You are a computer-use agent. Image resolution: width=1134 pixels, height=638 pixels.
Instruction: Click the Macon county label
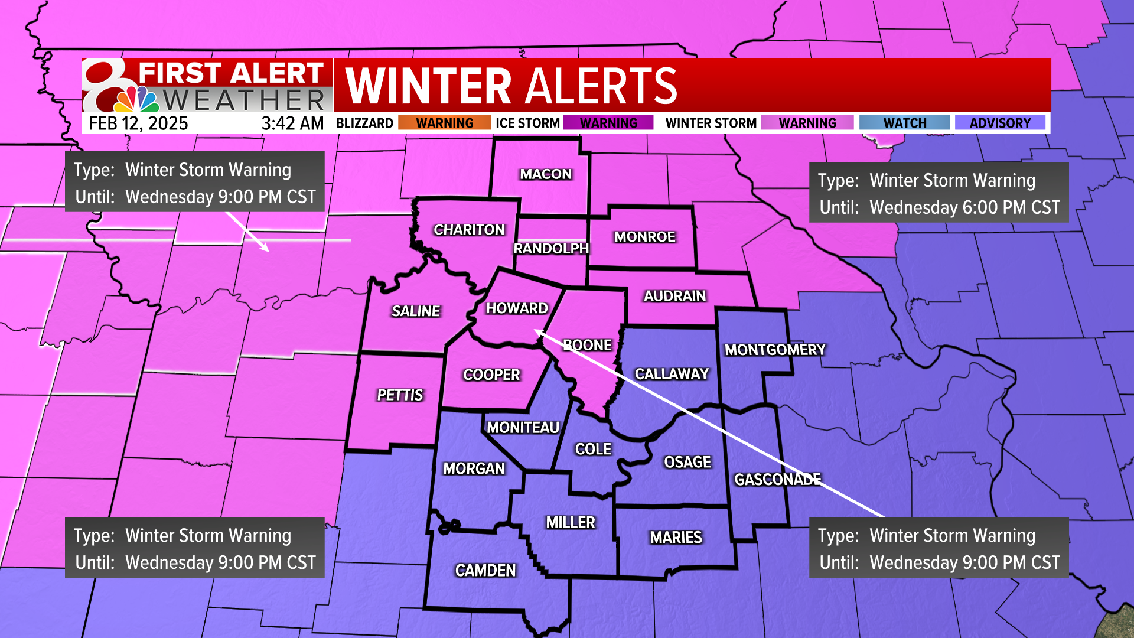546,174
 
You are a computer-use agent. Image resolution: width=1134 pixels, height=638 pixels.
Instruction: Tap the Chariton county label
469,230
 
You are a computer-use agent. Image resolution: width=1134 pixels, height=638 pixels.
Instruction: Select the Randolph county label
550,249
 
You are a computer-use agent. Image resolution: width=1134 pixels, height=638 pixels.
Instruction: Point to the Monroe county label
644,237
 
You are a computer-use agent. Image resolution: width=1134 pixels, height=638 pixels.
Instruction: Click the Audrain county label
674,296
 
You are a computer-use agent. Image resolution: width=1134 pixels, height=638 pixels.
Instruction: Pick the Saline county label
416,311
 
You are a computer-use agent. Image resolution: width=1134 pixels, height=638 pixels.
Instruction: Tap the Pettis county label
400,395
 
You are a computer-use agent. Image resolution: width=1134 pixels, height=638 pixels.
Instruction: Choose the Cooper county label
491,375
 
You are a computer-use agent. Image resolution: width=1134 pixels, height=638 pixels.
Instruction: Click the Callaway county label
672,374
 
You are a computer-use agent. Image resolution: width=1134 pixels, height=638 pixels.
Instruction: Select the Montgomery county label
775,350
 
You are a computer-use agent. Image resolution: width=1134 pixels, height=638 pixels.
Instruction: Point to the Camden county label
485,570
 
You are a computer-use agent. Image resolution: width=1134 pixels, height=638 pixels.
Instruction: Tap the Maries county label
676,538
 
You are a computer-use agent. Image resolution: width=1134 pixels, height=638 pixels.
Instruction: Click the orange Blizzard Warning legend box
444,123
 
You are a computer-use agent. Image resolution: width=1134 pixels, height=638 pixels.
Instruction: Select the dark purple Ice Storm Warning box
608,123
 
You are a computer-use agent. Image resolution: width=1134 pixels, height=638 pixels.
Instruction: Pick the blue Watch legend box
904,123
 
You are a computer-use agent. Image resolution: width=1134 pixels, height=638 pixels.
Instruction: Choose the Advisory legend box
999,123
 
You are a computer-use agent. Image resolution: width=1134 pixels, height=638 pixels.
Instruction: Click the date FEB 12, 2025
138,123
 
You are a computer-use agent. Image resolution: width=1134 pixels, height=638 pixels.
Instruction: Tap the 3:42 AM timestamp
292,123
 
